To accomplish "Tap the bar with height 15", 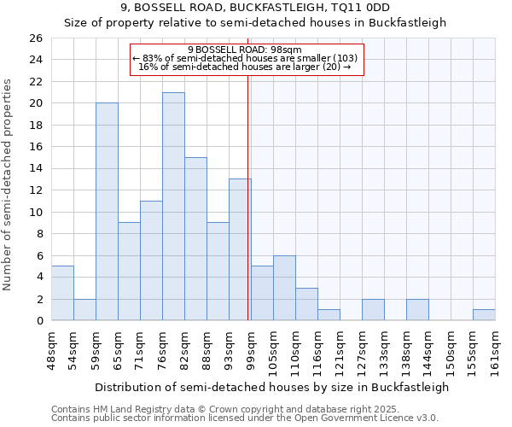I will [195, 239].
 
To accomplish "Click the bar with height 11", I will [151, 260].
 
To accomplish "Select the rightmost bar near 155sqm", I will [484, 315].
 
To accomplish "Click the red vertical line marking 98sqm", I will [247, 213].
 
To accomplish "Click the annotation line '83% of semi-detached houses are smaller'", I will [247, 58].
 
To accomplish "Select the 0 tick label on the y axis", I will [38, 321].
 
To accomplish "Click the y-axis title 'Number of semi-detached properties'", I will [9, 184].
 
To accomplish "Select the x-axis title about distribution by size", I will [271, 387].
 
